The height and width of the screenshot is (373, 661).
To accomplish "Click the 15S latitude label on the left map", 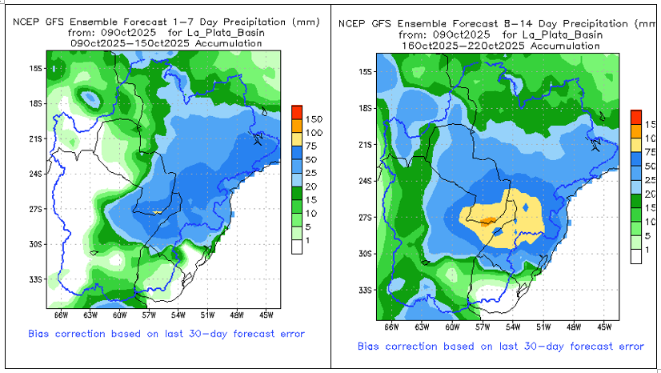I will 36,70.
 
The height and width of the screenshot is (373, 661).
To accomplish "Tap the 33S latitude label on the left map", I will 36,280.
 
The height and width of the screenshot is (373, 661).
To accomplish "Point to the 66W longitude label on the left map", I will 58,304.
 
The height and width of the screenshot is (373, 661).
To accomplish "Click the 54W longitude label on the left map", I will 179,304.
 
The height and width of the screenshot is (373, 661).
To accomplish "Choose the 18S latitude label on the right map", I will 365,108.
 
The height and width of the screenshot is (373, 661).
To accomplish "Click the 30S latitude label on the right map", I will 365,254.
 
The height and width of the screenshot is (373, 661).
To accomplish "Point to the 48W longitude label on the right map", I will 573,327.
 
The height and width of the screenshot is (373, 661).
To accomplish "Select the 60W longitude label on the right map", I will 452,327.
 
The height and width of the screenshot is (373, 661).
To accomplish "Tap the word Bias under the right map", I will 371,346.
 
